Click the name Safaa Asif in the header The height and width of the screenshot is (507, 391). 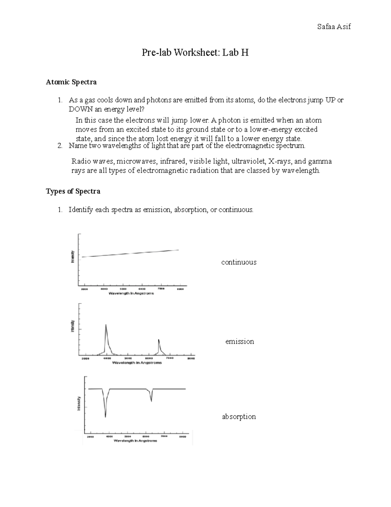point(334,27)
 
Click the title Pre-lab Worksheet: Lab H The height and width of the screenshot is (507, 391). point(195,53)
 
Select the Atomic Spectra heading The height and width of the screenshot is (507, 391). point(71,82)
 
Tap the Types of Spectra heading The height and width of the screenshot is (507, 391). point(73,191)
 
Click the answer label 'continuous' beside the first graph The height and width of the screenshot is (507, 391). point(239,262)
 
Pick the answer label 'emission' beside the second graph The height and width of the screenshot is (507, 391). point(239,341)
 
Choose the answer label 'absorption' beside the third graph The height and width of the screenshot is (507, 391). point(239,417)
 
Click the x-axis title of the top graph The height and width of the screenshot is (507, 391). point(131,293)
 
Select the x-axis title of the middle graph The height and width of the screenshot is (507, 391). point(137,363)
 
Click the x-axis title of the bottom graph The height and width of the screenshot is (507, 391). point(135,441)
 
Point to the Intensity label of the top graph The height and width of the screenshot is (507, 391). point(73,257)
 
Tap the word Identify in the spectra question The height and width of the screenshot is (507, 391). point(80,210)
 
